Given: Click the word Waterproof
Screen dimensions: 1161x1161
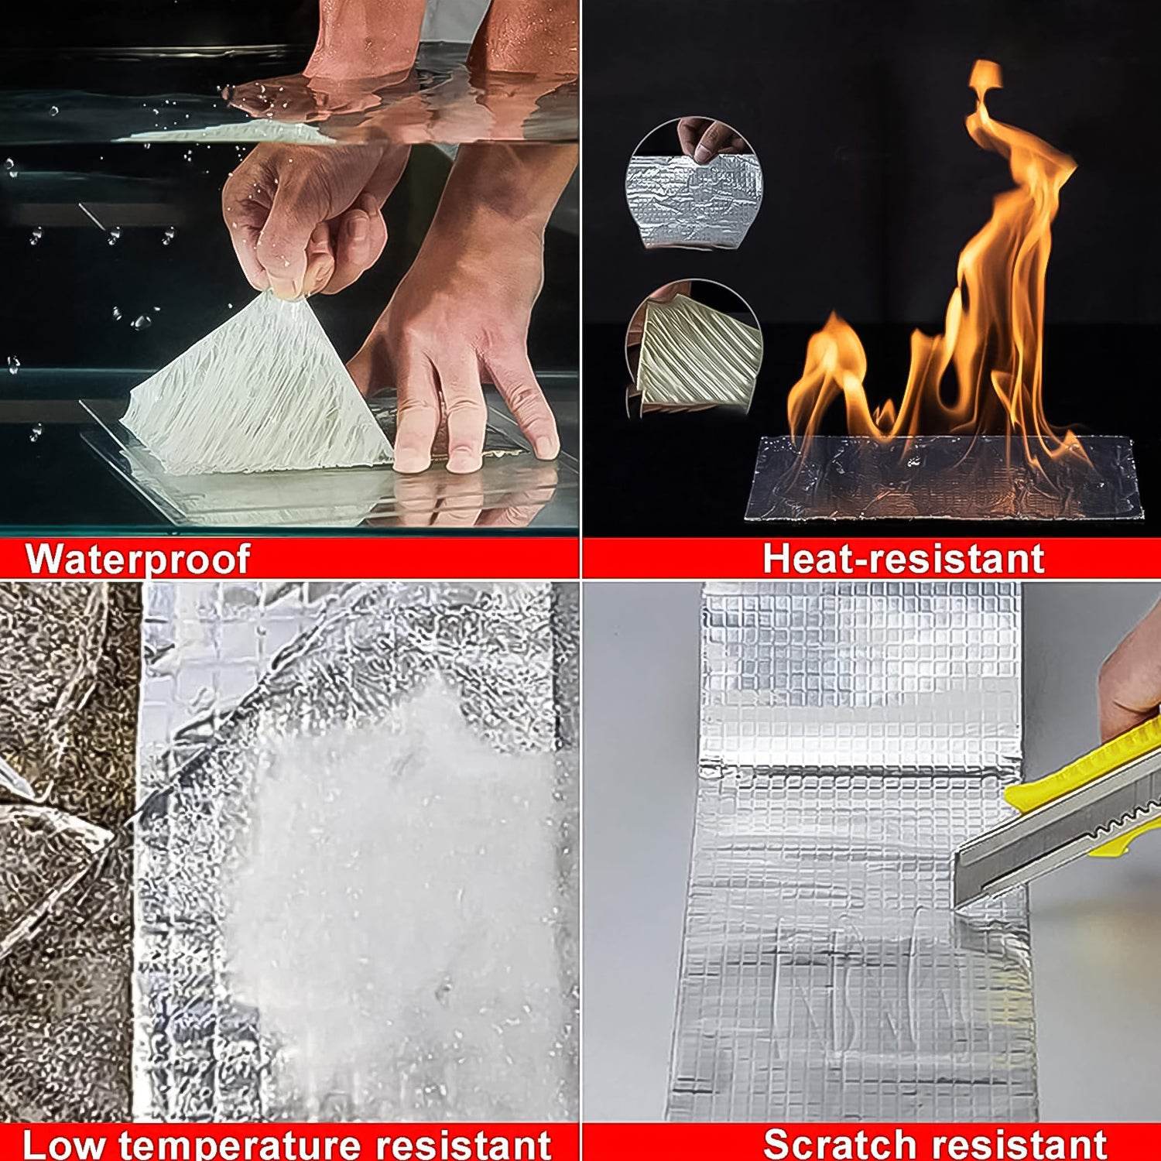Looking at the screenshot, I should pyautogui.click(x=138, y=559).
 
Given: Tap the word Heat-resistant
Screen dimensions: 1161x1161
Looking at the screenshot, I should pyautogui.click(x=903, y=559).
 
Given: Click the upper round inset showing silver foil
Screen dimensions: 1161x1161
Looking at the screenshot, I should pyautogui.click(x=694, y=184).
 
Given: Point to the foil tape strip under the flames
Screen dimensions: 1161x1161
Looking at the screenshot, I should pyautogui.click(x=940, y=480).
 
